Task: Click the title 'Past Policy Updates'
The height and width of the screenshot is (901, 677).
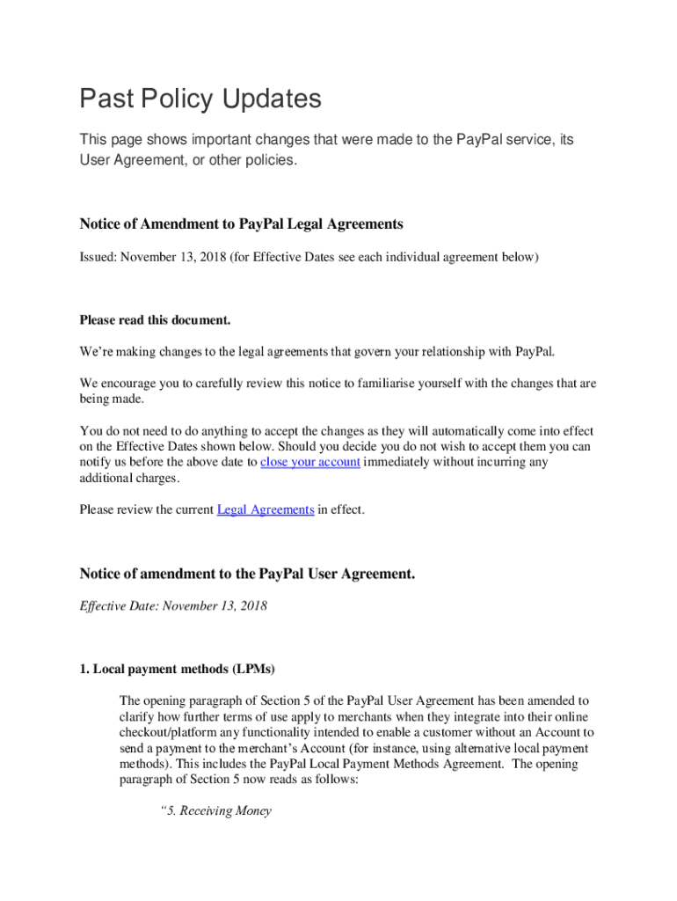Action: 200,99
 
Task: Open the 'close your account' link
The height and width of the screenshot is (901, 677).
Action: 310,462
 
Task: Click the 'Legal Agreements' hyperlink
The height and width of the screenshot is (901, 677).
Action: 266,509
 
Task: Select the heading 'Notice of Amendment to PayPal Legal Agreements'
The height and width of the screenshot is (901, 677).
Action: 241,224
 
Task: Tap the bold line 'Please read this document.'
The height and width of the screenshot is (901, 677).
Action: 155,319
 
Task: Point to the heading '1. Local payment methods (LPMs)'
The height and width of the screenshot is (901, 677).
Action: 177,670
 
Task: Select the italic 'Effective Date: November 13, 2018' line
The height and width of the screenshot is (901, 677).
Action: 173,605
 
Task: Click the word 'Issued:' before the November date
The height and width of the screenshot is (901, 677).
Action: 98,257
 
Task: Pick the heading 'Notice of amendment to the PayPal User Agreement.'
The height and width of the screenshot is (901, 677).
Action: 247,575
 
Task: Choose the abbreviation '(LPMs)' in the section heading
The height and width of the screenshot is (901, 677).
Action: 253,670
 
